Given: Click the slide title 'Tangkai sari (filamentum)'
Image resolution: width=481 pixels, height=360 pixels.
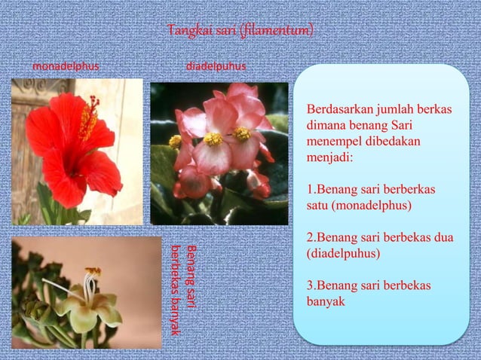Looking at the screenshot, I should click(x=240, y=31).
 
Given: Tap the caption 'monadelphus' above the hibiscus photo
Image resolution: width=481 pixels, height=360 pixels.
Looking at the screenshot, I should click(x=66, y=66).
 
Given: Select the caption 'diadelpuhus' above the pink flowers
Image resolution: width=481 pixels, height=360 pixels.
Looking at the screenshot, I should click(x=216, y=66).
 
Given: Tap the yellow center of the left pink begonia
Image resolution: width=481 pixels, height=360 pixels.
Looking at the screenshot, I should click(x=213, y=139).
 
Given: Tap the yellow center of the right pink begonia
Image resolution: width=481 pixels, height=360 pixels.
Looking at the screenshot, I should click(x=242, y=133).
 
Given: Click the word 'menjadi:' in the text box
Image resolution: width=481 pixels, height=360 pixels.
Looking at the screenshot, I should click(x=328, y=158).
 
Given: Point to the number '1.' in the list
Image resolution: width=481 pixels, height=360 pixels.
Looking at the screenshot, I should click(x=311, y=190).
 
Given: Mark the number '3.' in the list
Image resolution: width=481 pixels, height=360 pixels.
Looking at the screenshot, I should click(x=311, y=286).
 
